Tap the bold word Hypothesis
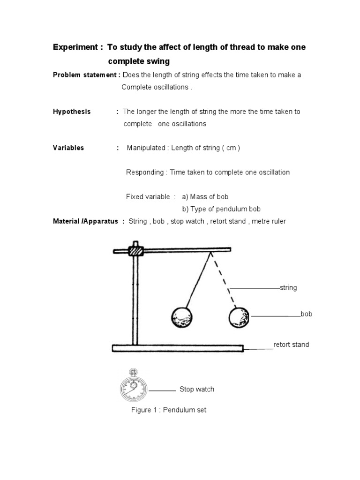(x=71, y=112)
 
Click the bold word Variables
(x=68, y=148)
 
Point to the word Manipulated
(x=146, y=148)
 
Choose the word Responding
(x=145, y=172)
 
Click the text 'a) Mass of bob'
(x=205, y=196)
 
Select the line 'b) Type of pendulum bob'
(x=221, y=209)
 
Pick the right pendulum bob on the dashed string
(x=240, y=317)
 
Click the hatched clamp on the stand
(x=135, y=251)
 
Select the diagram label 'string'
(x=288, y=287)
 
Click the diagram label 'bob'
(x=306, y=314)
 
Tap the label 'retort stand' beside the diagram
(x=291, y=345)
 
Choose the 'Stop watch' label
(x=196, y=389)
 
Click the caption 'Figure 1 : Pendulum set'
(x=168, y=410)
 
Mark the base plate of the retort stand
(x=178, y=348)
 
